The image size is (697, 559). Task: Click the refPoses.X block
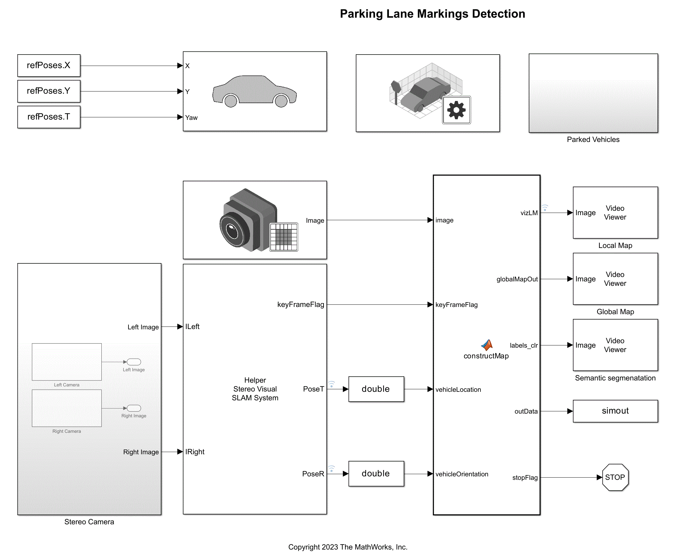(49, 66)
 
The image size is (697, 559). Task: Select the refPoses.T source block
(49, 117)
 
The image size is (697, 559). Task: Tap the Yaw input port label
(191, 118)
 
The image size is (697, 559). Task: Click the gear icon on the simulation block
(456, 110)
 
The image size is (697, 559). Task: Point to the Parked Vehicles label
(593, 139)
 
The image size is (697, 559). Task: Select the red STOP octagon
(615, 477)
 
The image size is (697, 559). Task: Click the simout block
(615, 411)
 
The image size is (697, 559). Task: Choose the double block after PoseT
(376, 389)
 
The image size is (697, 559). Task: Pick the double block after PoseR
(376, 474)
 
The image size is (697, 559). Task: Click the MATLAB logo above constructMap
(487, 345)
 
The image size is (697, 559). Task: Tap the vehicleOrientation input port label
(462, 474)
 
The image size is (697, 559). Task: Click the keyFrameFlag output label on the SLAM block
(300, 305)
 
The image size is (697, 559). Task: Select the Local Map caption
(615, 245)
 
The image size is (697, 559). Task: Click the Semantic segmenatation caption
(615, 378)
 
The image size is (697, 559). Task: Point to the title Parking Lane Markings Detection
(432, 14)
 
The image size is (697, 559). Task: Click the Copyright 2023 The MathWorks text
(348, 547)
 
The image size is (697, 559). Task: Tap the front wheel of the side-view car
(281, 101)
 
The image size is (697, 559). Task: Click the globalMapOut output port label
(517, 279)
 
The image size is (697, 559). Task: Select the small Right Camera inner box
(67, 408)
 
